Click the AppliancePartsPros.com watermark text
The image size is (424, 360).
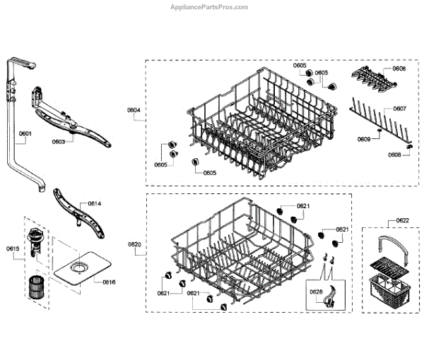coord(211,7)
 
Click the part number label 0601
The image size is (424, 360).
coord(25,133)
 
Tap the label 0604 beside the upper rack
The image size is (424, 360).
coord(134,111)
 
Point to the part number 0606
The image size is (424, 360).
coord(399,69)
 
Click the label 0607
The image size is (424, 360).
coord(399,109)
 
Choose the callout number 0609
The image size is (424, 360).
coord(363,139)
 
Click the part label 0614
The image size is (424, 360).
coord(94,204)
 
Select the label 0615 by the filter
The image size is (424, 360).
coord(13,248)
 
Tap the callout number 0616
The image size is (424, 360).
coord(108,282)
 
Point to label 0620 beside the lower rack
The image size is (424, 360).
coord(134,244)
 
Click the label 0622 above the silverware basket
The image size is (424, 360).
coord(402,221)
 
